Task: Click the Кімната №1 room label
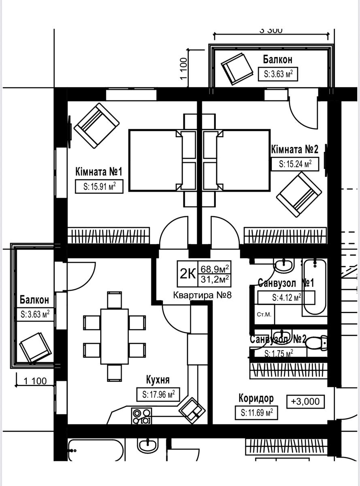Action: pyautogui.click(x=99, y=172)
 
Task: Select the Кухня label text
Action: pyautogui.click(x=158, y=379)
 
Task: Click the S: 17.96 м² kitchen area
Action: pyautogui.click(x=158, y=394)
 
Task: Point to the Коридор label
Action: pyautogui.click(x=256, y=399)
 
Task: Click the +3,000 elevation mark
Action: pyautogui.click(x=305, y=401)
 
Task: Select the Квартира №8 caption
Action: pyautogui.click(x=202, y=295)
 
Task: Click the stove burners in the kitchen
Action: pyautogui.click(x=141, y=416)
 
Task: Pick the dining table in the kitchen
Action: pyautogui.click(x=114, y=336)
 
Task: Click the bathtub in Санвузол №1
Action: pyautogui.click(x=315, y=287)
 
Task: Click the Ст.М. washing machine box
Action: pyautogui.click(x=264, y=314)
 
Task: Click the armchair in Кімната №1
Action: pyautogui.click(x=96, y=125)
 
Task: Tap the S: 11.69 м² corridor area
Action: pyautogui.click(x=256, y=413)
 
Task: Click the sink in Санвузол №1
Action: pyautogui.click(x=284, y=266)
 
